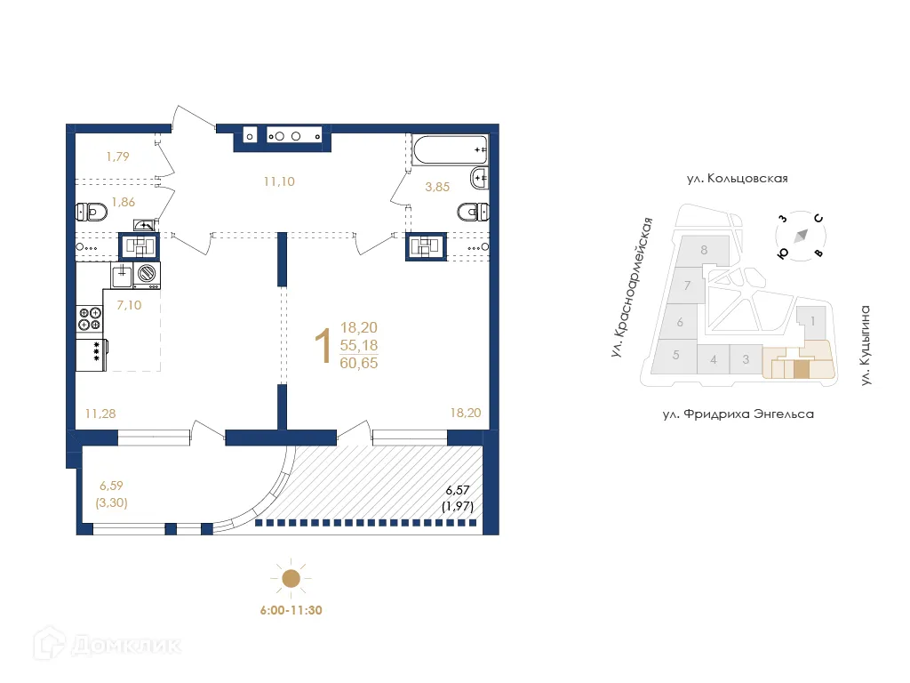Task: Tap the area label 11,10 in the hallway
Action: point(278,181)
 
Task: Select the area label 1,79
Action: point(118,157)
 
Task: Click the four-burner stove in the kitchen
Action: point(90,318)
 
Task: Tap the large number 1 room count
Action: point(325,346)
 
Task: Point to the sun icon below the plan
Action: point(290,580)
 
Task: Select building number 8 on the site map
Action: point(704,250)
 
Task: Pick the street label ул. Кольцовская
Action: point(737,178)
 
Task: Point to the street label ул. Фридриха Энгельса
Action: point(737,414)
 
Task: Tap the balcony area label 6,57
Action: point(457,491)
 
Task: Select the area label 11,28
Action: point(100,413)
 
